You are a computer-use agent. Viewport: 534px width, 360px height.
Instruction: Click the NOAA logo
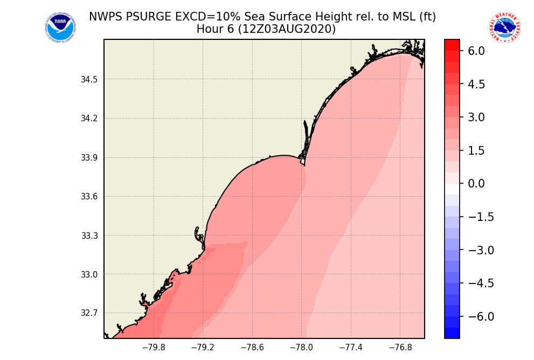point(60,27)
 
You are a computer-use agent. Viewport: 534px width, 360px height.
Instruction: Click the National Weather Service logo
point(505,27)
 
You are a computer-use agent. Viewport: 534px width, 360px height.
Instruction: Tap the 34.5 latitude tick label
point(89,80)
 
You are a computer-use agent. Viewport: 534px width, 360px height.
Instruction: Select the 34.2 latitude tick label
point(89,119)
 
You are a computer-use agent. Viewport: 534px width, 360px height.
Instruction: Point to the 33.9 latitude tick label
point(89,158)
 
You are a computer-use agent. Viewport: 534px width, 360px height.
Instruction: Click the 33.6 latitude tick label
point(89,197)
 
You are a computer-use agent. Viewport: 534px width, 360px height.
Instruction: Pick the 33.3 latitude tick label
point(89,236)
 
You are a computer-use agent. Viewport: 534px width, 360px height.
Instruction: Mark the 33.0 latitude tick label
point(89,274)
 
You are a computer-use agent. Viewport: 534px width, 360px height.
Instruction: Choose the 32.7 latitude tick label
point(89,313)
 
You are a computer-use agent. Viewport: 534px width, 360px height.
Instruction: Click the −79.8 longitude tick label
point(153,348)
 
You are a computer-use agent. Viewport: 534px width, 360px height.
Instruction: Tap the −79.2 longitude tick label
point(203,348)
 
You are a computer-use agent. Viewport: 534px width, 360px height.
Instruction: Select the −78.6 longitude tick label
point(252,348)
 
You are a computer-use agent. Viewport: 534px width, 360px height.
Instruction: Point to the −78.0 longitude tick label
point(301,348)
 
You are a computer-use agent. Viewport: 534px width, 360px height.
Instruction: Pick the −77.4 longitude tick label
point(351,348)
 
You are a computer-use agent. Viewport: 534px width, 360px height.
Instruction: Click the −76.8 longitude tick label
point(400,348)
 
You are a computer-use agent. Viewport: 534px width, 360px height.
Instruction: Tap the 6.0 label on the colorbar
point(476,51)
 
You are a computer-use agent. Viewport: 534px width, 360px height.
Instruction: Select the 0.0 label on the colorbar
point(476,184)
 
